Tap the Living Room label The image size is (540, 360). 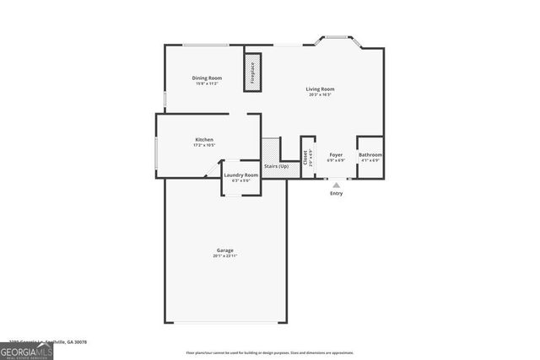[320, 89]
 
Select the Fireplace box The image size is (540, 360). [251, 73]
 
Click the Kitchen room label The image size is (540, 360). [204, 139]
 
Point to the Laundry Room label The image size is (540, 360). [240, 175]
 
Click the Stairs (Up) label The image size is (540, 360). [276, 166]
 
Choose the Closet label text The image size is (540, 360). [305, 156]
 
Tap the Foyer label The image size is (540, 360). [336, 155]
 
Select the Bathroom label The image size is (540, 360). [370, 155]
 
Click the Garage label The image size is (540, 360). [224, 250]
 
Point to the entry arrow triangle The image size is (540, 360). [337, 185]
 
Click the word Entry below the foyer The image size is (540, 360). [337, 193]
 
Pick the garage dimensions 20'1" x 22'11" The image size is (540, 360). [224, 255]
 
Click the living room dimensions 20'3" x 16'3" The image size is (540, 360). [320, 94]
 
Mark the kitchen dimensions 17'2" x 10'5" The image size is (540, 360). [204, 145]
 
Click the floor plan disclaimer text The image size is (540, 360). [270, 352]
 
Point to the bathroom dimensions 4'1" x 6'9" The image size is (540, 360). [370, 160]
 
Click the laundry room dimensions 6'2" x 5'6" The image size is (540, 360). [240, 180]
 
